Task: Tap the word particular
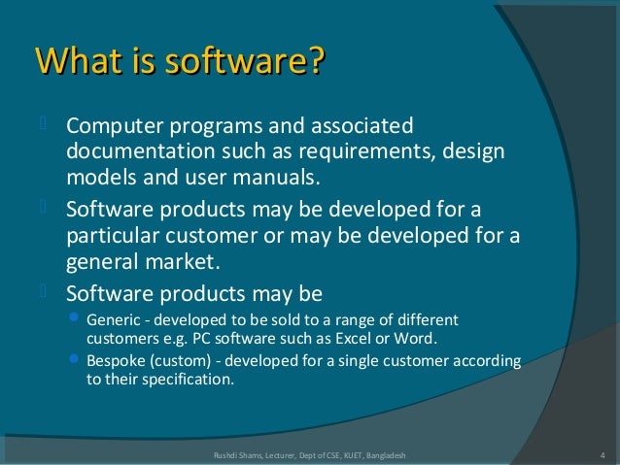click(x=112, y=237)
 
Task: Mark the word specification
click(x=189, y=381)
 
